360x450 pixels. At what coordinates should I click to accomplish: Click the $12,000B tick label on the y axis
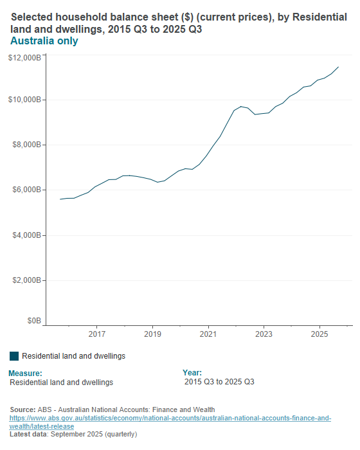tap(25, 58)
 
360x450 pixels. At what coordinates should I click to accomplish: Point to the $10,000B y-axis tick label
tap(25, 100)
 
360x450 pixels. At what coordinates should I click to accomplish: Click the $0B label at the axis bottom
tap(34, 320)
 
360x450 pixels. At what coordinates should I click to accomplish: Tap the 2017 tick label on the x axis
tap(97, 334)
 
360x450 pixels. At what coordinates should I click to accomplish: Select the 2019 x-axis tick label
tap(152, 334)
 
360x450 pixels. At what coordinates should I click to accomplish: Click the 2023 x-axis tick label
tap(264, 334)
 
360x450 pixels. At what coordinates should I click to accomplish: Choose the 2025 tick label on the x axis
tap(320, 334)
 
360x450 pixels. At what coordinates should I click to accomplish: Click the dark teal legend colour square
tap(14, 356)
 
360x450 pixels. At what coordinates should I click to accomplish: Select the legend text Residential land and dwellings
tap(73, 356)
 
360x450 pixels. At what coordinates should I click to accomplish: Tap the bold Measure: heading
tap(26, 373)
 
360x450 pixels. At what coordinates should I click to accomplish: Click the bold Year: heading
tap(192, 373)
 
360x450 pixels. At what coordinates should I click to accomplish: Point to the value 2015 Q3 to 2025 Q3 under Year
tap(219, 382)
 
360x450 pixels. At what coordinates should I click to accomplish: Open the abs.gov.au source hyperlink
tap(170, 422)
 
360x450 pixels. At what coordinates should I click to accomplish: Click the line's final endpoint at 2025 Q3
tap(338, 67)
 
